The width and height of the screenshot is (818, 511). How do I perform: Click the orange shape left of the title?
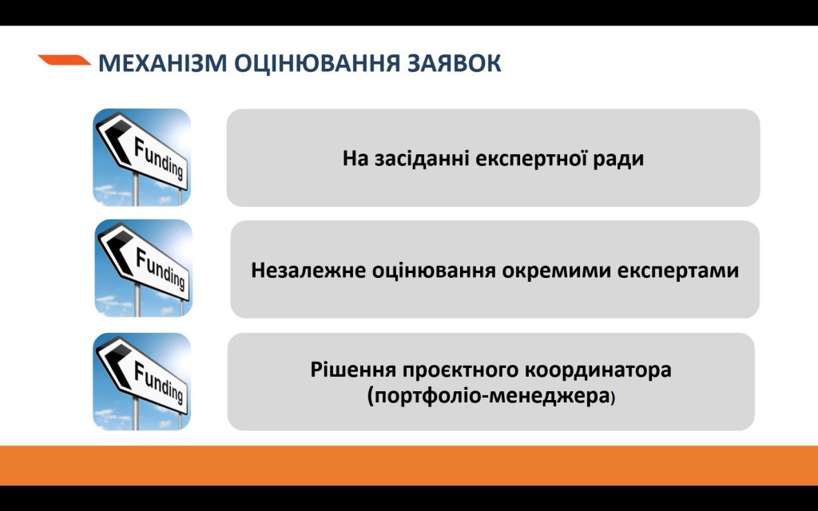pos(64,60)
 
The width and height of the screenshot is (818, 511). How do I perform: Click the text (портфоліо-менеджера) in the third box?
pos(491,395)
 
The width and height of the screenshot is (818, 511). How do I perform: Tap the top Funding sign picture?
pos(142,157)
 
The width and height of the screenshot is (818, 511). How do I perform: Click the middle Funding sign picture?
pos(143,268)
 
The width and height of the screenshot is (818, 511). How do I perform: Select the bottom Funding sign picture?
pos(142,381)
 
